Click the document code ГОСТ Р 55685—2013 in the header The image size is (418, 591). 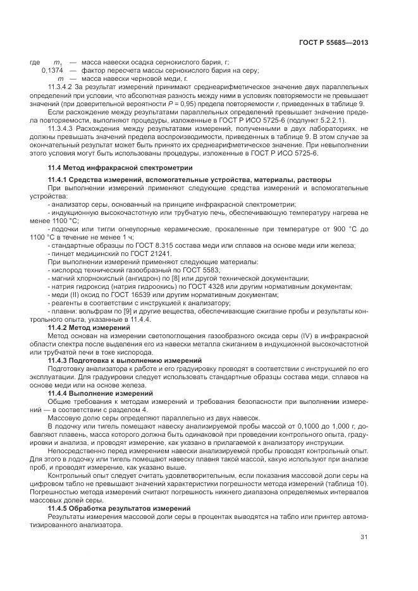pos(333,43)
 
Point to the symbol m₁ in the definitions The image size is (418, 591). pos(58,62)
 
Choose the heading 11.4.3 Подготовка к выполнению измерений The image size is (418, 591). pos(115,360)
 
